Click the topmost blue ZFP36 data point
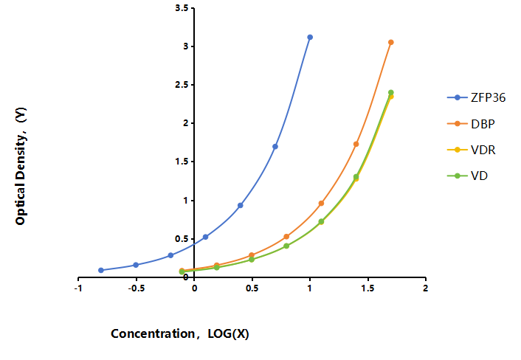[310, 37]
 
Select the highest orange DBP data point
[391, 42]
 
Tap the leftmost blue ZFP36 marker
[101, 270]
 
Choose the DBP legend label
[483, 124]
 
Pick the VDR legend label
[483, 150]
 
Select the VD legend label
[479, 176]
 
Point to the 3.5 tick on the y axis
[182, 8]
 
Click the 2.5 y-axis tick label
[182, 85]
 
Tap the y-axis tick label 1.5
[182, 162]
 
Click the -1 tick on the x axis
[78, 288]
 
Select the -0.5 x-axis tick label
[137, 288]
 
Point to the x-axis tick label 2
[425, 288]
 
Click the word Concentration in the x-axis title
[153, 333]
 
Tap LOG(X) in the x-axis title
[228, 333]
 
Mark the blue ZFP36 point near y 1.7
[275, 147]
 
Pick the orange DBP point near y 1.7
[356, 144]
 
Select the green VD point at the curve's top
[391, 93]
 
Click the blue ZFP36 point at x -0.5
[136, 265]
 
